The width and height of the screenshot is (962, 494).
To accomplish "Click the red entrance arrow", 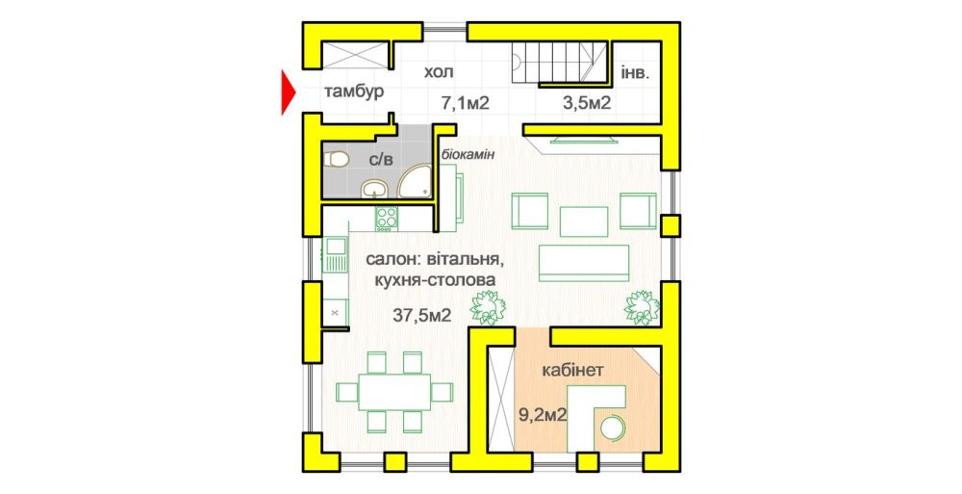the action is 287,92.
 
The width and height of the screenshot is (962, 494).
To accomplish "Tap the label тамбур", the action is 354,92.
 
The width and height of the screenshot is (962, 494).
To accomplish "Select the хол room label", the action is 439,72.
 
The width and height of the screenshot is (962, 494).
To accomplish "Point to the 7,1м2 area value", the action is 466,103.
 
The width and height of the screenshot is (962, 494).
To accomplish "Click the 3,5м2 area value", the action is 587,103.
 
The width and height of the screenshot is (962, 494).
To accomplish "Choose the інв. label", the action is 635,72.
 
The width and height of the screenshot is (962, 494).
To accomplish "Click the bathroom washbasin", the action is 374,189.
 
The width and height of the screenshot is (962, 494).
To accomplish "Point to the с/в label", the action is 380,161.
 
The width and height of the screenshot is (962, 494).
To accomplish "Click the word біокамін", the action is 468,154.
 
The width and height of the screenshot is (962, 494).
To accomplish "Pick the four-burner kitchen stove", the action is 387,219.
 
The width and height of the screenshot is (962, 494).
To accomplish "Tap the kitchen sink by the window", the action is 335,254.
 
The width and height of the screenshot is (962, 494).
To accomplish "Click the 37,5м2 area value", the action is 422,316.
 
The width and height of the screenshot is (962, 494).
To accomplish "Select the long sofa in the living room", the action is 584,263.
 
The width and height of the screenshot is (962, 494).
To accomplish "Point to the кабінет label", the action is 573,371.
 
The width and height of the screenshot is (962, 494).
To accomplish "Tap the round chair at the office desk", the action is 612,427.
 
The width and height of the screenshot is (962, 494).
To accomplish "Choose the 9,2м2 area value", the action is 543,415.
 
